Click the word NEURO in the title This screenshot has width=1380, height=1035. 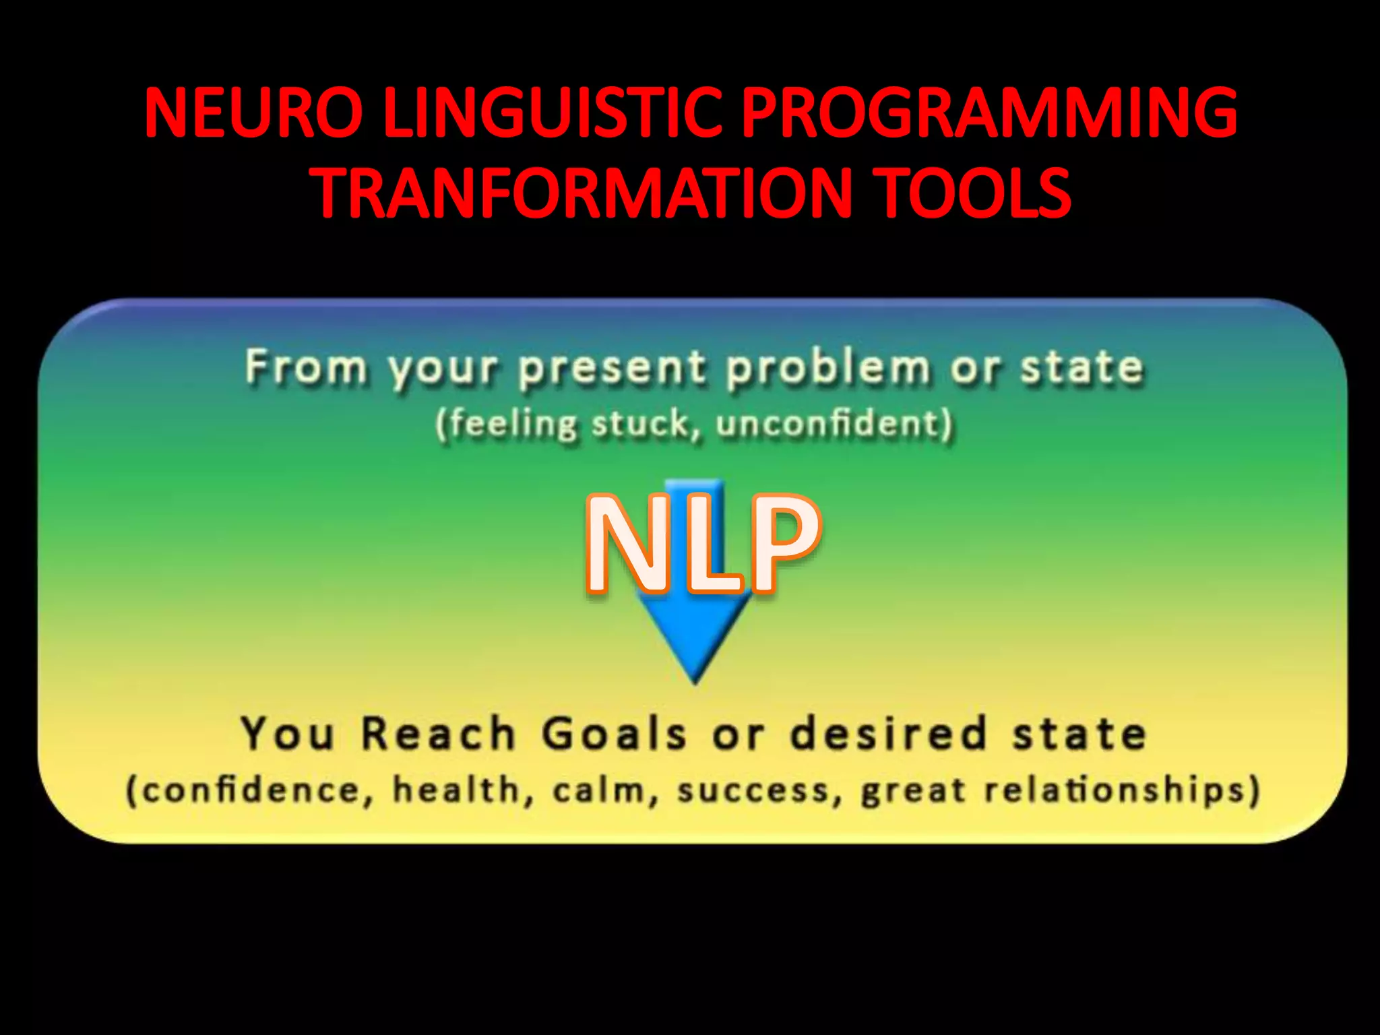[253, 112]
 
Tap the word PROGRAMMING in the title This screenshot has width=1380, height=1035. [989, 112]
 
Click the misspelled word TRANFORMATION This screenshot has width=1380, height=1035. [584, 193]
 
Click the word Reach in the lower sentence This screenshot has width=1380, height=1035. [438, 734]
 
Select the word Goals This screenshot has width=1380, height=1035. [614, 734]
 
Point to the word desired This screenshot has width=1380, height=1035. [889, 734]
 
